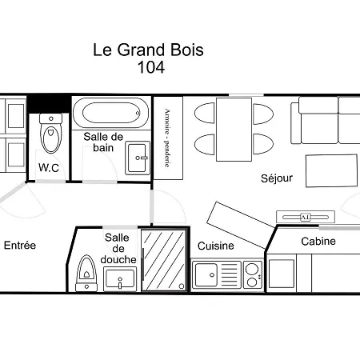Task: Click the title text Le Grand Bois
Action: (x=149, y=50)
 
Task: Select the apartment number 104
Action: (x=151, y=68)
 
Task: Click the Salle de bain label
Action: (x=102, y=142)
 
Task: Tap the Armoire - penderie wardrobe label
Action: (x=167, y=138)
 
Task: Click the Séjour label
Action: (x=276, y=178)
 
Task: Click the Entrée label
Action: (x=20, y=245)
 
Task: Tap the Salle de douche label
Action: (x=119, y=248)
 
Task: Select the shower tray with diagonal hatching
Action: (x=163, y=260)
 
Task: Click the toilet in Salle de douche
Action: (x=85, y=273)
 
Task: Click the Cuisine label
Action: (x=215, y=246)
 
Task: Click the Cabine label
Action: (x=318, y=241)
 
